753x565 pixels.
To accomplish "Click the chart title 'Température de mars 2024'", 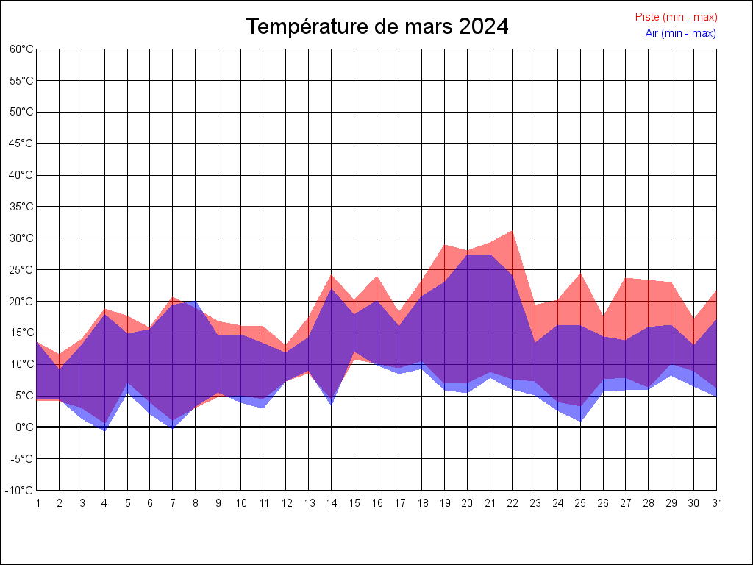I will pos(376,26).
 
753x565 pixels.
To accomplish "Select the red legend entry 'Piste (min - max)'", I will pos(676,17).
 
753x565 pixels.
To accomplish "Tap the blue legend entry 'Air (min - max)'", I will pos(680,33).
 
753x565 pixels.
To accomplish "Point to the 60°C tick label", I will pos(21,49).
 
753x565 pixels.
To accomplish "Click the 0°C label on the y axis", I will pos(25,427).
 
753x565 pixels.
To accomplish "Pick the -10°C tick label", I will pos(21,491).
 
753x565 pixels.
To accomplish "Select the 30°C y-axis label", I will pos(21,238).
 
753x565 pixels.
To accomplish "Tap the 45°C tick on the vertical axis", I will pos(21,143).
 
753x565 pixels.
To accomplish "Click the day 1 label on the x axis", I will pos(37,503).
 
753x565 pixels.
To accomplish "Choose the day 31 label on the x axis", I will pos(716,503).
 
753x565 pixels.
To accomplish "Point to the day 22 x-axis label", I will pos(513,503).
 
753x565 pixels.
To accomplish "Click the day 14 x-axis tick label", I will pos(332,503).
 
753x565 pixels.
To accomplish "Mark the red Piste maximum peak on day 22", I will pos(513,231).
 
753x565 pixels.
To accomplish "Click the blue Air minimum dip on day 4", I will pos(104,430).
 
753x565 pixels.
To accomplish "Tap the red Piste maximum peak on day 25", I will pos(580,274).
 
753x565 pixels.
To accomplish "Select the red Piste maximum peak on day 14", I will pos(332,275).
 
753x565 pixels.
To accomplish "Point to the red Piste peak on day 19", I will pos(445,245).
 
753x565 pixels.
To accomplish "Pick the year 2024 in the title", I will pos(483,26).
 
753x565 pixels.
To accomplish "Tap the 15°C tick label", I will pos(21,333).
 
